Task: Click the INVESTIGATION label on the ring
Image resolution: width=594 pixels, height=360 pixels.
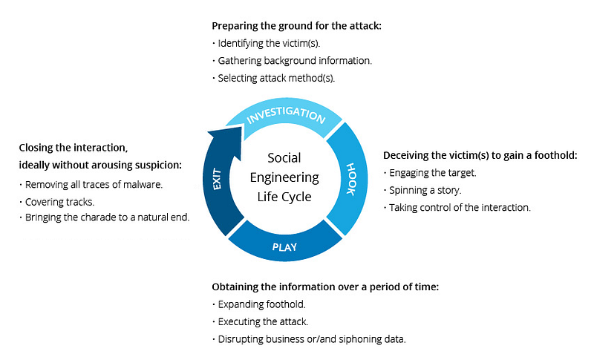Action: coord(286,115)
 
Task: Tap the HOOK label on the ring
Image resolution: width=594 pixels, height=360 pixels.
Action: coord(351,179)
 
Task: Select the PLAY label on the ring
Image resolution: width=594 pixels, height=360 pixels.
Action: coord(284,247)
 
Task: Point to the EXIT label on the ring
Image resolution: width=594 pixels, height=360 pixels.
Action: coord(217,179)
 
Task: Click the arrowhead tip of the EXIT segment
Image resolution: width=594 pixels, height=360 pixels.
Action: coord(241,127)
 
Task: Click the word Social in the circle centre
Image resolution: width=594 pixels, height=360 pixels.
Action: coord(284,157)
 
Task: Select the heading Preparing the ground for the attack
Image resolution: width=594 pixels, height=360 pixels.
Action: coord(296,26)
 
